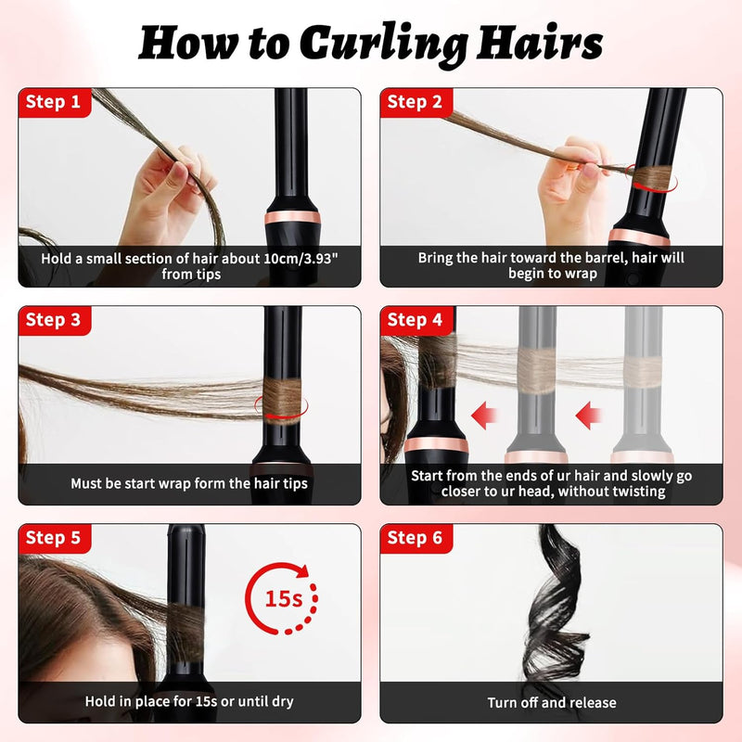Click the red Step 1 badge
55,103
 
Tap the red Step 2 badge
416,103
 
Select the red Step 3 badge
55,320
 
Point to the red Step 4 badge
416,320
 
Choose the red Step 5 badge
55,539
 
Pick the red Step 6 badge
416,539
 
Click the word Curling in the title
384,45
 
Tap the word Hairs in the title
540,43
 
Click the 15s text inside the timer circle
284,598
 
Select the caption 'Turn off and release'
552,703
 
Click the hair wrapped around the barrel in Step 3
282,401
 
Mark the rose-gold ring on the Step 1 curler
292,218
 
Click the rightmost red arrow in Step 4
588,416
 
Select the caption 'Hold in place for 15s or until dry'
189,701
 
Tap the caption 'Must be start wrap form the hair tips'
189,483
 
